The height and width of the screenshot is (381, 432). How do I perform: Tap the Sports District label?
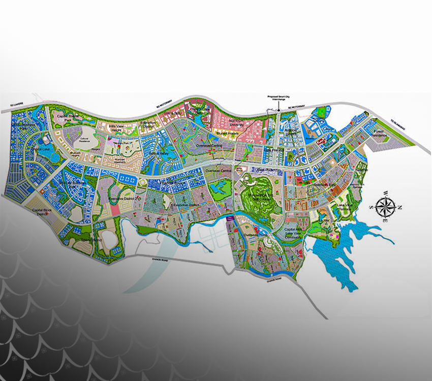click(92, 239)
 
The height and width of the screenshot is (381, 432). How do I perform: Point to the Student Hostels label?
click(226, 134)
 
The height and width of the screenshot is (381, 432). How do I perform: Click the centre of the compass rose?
click(385, 206)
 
